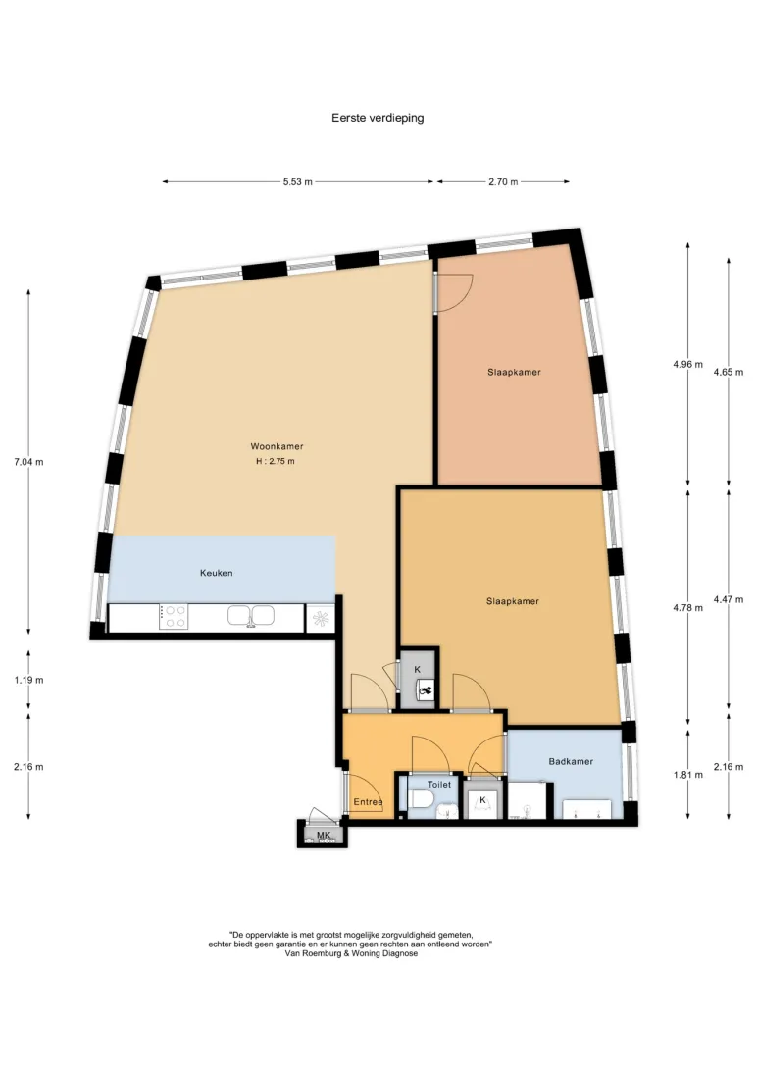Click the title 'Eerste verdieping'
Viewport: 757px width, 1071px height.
pos(378,118)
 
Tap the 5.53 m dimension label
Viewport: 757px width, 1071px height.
pos(298,182)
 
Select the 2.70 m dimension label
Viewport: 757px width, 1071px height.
pos(503,182)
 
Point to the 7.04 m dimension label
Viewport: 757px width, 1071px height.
pos(28,462)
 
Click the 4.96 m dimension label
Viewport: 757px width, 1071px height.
pos(687,364)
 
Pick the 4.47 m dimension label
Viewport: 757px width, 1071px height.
pos(729,599)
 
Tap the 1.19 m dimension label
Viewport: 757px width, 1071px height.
pos(28,680)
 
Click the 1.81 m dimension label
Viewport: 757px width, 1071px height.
pos(687,775)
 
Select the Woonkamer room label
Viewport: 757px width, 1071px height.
pos(277,446)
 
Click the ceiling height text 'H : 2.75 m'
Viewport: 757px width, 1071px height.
pos(276,461)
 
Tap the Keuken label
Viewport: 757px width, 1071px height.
pos(217,573)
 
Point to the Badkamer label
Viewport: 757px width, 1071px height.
pos(571,762)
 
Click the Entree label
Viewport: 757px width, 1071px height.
pos(368,802)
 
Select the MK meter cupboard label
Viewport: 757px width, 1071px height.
pos(324,836)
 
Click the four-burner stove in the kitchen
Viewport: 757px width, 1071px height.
pos(174,617)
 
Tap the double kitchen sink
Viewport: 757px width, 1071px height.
pos(251,616)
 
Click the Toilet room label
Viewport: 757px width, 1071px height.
pos(439,785)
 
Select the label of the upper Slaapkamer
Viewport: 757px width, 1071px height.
pos(514,373)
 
